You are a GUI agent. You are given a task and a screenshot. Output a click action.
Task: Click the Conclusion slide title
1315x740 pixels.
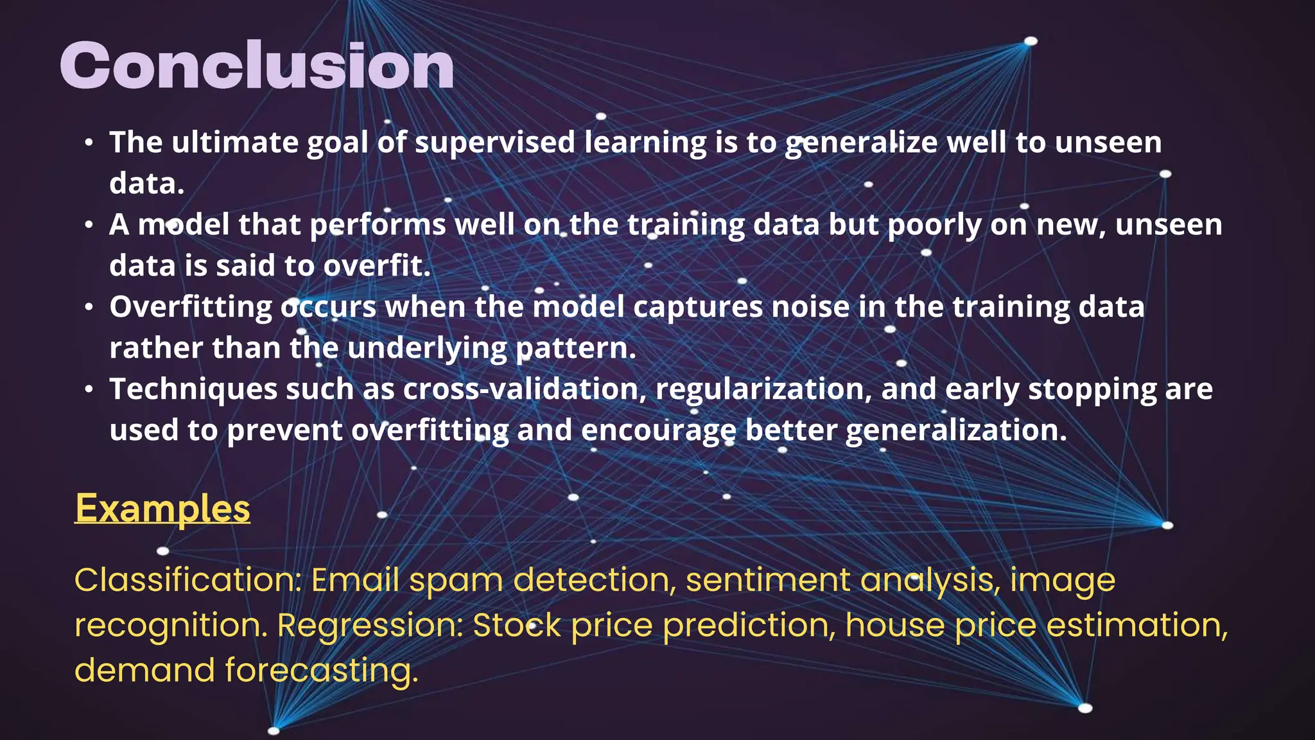click(257, 66)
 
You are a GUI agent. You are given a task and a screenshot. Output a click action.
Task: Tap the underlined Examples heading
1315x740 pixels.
click(162, 509)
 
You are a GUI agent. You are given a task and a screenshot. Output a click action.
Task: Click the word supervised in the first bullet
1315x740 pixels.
click(495, 143)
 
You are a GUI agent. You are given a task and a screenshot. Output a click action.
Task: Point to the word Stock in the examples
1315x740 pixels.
click(517, 625)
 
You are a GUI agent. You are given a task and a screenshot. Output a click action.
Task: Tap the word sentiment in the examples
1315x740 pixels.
click(768, 580)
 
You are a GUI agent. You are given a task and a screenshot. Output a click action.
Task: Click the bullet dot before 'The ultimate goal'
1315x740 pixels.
click(89, 143)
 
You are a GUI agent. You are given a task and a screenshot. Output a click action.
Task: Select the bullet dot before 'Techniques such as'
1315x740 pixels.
click(89, 389)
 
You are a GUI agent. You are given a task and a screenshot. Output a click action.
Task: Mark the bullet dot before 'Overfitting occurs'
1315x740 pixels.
click(89, 307)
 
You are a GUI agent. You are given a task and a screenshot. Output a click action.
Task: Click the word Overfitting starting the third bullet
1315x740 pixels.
click(191, 307)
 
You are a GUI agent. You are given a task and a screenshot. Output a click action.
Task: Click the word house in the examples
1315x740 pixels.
click(895, 625)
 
